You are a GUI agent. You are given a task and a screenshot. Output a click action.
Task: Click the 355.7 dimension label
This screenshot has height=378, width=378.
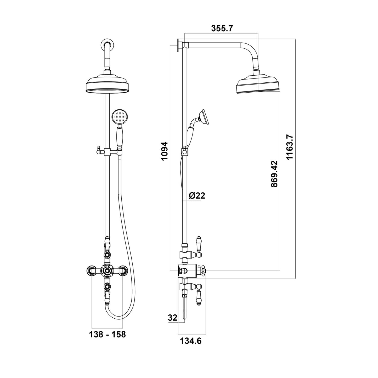[222, 29]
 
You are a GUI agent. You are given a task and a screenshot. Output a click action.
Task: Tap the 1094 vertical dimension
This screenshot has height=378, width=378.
[164, 151]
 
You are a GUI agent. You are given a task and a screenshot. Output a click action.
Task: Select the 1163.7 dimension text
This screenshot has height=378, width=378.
[290, 147]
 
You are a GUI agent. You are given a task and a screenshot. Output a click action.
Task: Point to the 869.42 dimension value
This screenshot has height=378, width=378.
[274, 174]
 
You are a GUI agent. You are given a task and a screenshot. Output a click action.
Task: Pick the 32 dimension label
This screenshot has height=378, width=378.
[172, 318]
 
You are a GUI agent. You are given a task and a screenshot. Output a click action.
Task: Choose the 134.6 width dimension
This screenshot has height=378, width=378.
[191, 341]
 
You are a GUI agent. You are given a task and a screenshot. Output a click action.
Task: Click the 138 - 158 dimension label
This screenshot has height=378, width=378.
[108, 334]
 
